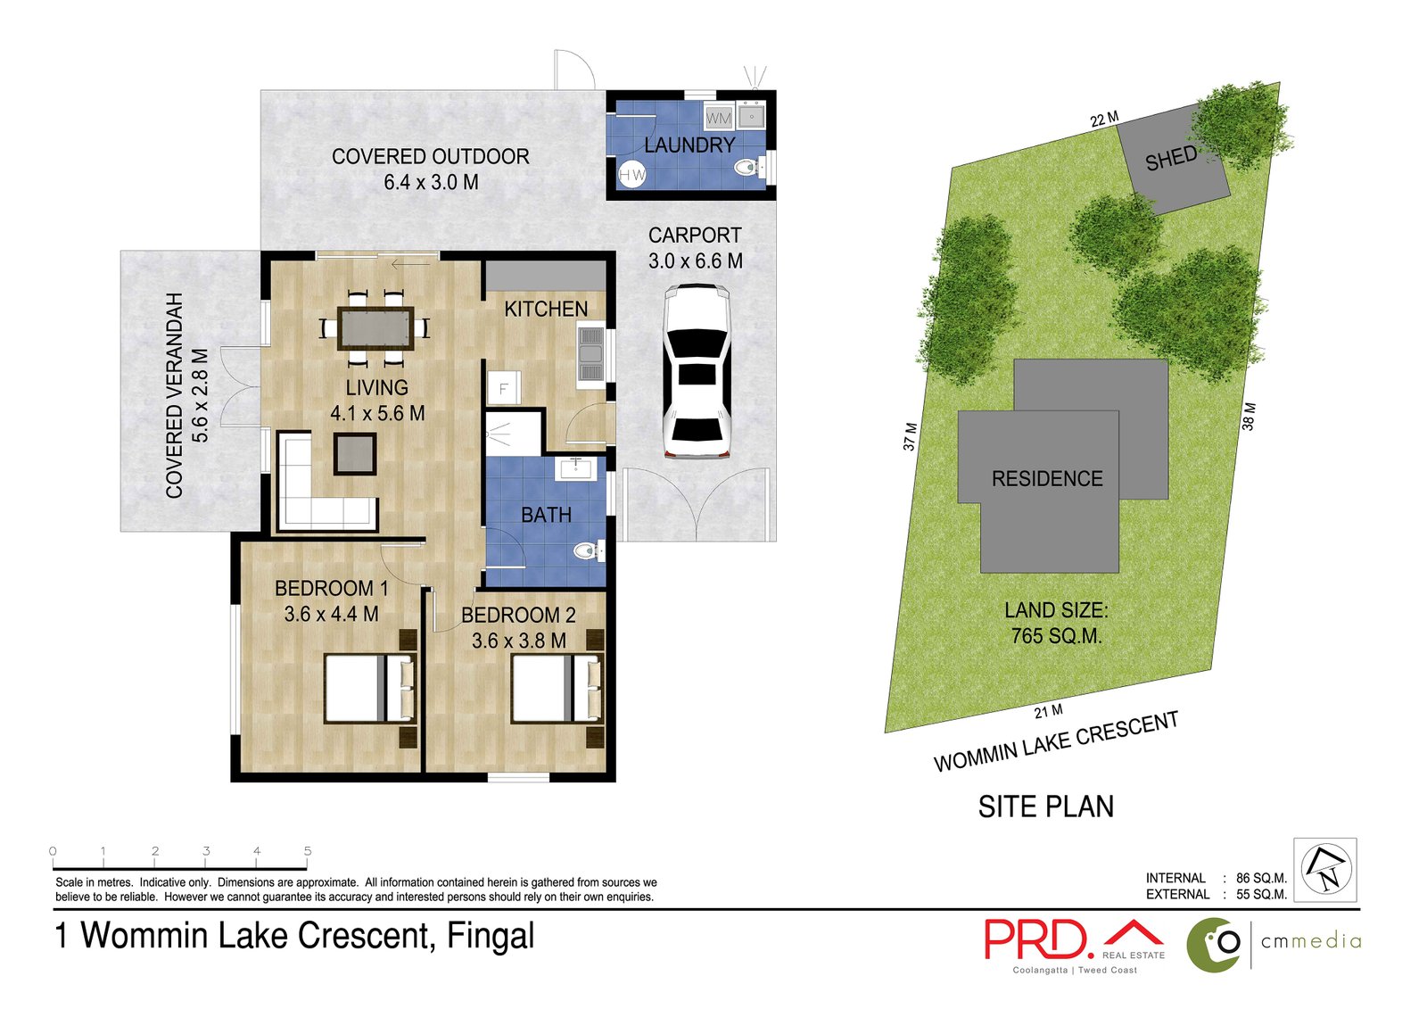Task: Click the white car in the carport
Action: pos(696,372)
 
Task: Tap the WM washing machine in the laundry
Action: pos(719,118)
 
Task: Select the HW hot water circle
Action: pos(632,174)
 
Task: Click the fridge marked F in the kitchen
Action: pos(504,387)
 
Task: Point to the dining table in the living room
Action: pos(375,328)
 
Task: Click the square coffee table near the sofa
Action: pos(355,454)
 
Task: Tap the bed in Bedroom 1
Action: pos(370,689)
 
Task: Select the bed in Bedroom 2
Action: pos(557,689)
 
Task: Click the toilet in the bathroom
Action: pos(590,550)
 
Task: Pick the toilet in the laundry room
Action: pos(751,168)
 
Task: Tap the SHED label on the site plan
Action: pos(1171,159)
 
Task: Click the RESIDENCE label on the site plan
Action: pos(1047,479)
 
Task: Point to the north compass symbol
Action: pos(1325,870)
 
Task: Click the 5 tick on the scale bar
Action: pos(307,860)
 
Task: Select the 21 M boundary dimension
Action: pos(1048,711)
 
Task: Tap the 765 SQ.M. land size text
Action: pos(1056,636)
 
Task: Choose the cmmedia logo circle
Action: pos(1214,944)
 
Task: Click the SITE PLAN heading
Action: pos(1046,807)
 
